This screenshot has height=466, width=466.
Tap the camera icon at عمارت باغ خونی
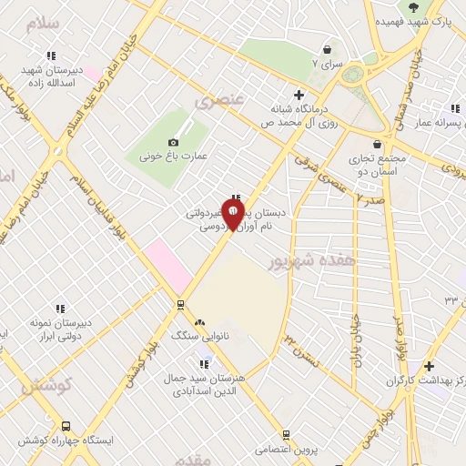pyautogui.click(x=174, y=142)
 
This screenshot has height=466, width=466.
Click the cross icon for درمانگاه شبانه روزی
pyautogui.click(x=298, y=94)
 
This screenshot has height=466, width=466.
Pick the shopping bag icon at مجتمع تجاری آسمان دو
pyautogui.click(x=378, y=144)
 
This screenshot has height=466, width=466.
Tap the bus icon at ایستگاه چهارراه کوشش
pyautogui.click(x=65, y=426)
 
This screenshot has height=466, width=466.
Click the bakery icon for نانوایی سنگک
pyautogui.click(x=200, y=321)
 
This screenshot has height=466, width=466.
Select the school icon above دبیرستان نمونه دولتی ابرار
pyautogui.click(x=61, y=309)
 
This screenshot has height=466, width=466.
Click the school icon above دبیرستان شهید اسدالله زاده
pyautogui.click(x=52, y=55)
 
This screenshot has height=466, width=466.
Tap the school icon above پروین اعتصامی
pyautogui.click(x=286, y=436)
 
